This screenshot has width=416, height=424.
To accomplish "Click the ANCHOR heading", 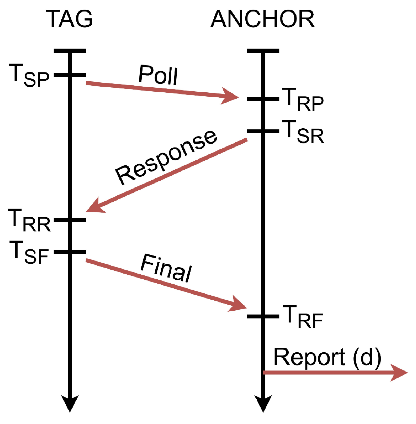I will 263,19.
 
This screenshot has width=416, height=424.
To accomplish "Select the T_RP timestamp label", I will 303,100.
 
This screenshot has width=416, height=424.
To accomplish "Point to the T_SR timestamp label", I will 303,132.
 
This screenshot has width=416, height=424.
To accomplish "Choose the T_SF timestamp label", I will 29,252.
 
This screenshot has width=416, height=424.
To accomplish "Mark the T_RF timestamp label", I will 303,317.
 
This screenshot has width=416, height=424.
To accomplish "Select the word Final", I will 166,268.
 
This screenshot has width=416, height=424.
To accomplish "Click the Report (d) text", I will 327,357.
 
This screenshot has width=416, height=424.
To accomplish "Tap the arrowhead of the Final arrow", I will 238,305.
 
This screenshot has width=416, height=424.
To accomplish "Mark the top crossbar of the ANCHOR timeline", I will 263,51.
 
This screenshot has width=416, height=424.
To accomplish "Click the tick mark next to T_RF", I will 263,316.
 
